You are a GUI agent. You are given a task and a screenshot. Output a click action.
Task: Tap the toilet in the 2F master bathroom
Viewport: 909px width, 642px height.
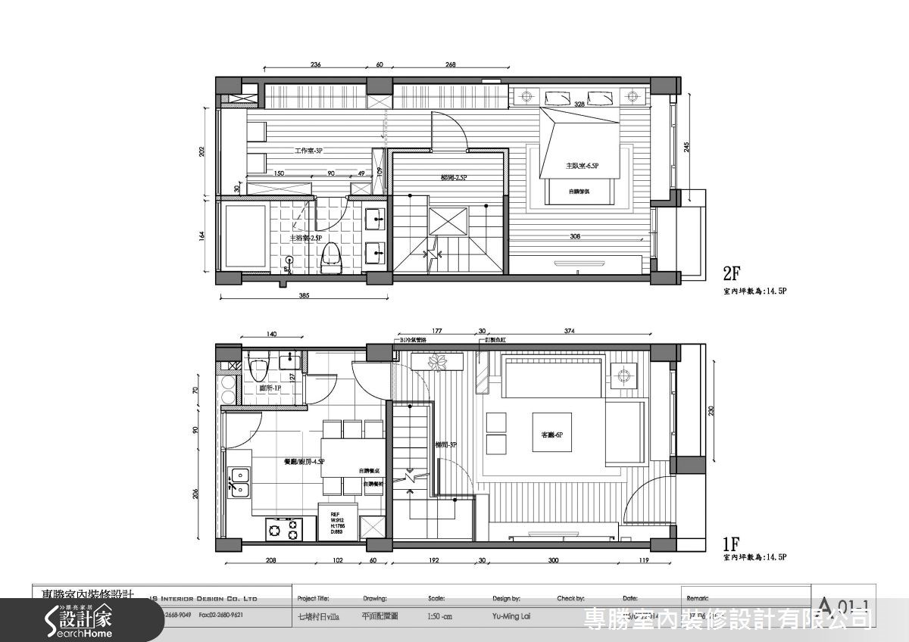(330, 257)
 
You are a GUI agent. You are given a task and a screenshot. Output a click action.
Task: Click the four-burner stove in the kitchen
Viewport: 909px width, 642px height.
(283, 528)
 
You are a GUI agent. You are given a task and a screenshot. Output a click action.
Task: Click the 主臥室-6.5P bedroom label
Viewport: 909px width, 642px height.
(581, 166)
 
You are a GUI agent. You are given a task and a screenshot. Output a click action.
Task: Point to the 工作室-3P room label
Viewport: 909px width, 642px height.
(308, 151)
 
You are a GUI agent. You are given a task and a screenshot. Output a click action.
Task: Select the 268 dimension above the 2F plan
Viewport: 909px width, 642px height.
(450, 65)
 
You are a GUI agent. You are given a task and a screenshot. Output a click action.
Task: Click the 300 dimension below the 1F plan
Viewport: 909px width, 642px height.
(553, 561)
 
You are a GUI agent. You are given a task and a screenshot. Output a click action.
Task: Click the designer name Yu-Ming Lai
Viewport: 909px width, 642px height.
(511, 616)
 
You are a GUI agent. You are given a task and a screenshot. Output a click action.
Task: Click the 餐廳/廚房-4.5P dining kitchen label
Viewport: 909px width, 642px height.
(305, 461)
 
